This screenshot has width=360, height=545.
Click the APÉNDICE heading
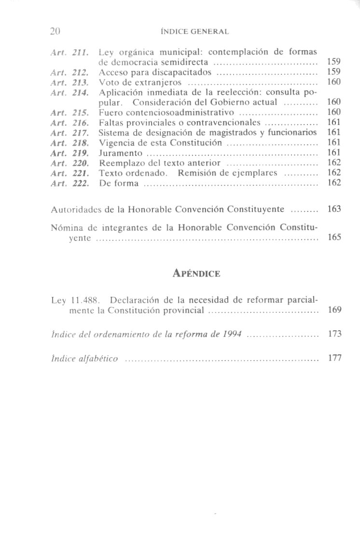tap(196, 274)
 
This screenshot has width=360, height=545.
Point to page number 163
tap(334, 210)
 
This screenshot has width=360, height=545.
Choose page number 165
tap(334, 237)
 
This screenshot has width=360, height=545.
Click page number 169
tap(334, 310)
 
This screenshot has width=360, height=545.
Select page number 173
tap(334, 334)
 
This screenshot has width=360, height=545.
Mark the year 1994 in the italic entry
tap(231, 334)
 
